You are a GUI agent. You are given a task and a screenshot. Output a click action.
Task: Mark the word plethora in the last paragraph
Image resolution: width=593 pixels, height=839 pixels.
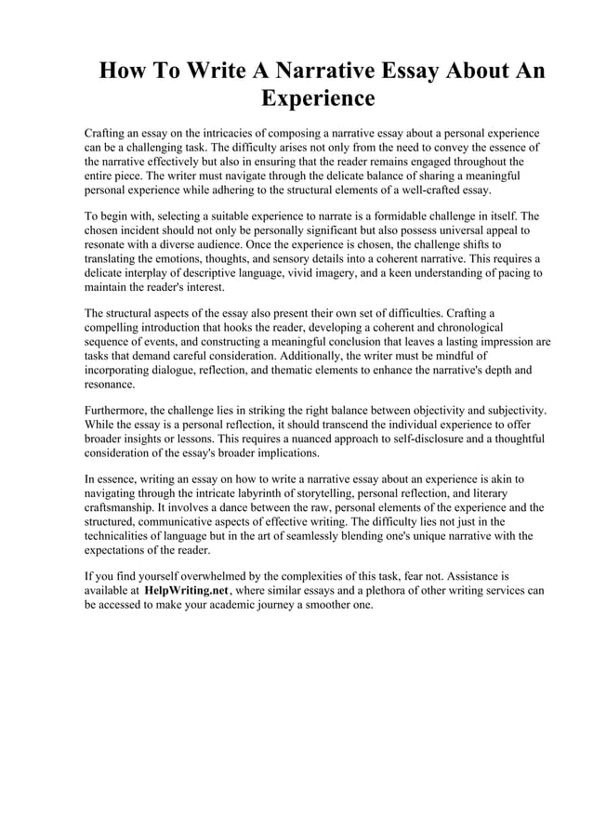click(370, 590)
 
